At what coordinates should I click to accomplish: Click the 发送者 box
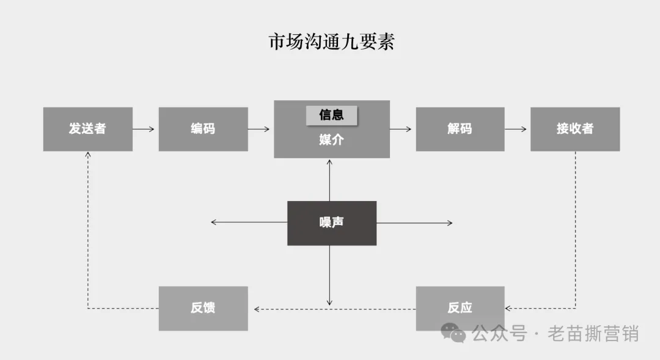[87, 129]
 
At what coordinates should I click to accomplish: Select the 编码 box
[203, 129]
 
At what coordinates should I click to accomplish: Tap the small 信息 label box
[331, 115]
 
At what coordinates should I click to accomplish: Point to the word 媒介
[331, 140]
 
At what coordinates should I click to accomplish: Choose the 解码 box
[460, 129]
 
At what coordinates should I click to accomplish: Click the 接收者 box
[574, 129]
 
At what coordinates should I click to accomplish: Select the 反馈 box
[203, 308]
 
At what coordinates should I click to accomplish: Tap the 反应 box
[460, 308]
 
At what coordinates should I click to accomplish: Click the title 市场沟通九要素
[331, 42]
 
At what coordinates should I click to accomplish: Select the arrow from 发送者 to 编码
[145, 129]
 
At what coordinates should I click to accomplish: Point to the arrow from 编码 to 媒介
[260, 129]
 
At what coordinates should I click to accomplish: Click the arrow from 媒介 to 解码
[402, 129]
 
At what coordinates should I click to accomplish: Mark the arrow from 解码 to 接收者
[517, 129]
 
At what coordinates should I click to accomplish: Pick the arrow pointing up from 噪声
[330, 180]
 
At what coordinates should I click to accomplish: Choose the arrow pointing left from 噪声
[249, 222]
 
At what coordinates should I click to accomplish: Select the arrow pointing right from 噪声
[414, 223]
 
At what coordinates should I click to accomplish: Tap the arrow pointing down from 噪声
[330, 275]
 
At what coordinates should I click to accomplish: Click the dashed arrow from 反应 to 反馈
[334, 309]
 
